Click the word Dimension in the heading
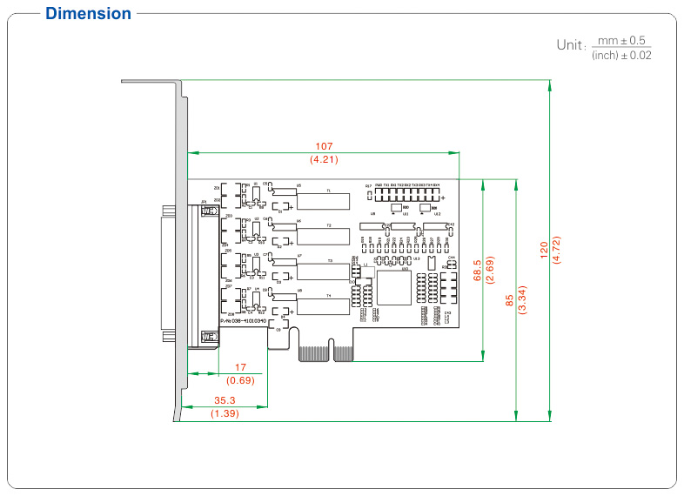coord(88,13)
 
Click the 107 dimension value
coord(324,145)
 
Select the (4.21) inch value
coord(324,159)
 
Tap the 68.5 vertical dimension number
coord(476,270)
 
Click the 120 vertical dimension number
coord(544,251)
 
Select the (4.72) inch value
coord(557,251)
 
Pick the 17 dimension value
coord(241,367)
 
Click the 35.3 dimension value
coord(225,401)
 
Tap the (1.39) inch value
coord(225,414)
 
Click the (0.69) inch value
coord(240,381)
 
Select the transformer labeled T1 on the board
coord(324,200)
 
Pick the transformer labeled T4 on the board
coord(324,305)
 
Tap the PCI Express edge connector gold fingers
coord(325,353)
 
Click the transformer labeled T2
coord(324,235)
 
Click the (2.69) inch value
coord(489,270)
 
